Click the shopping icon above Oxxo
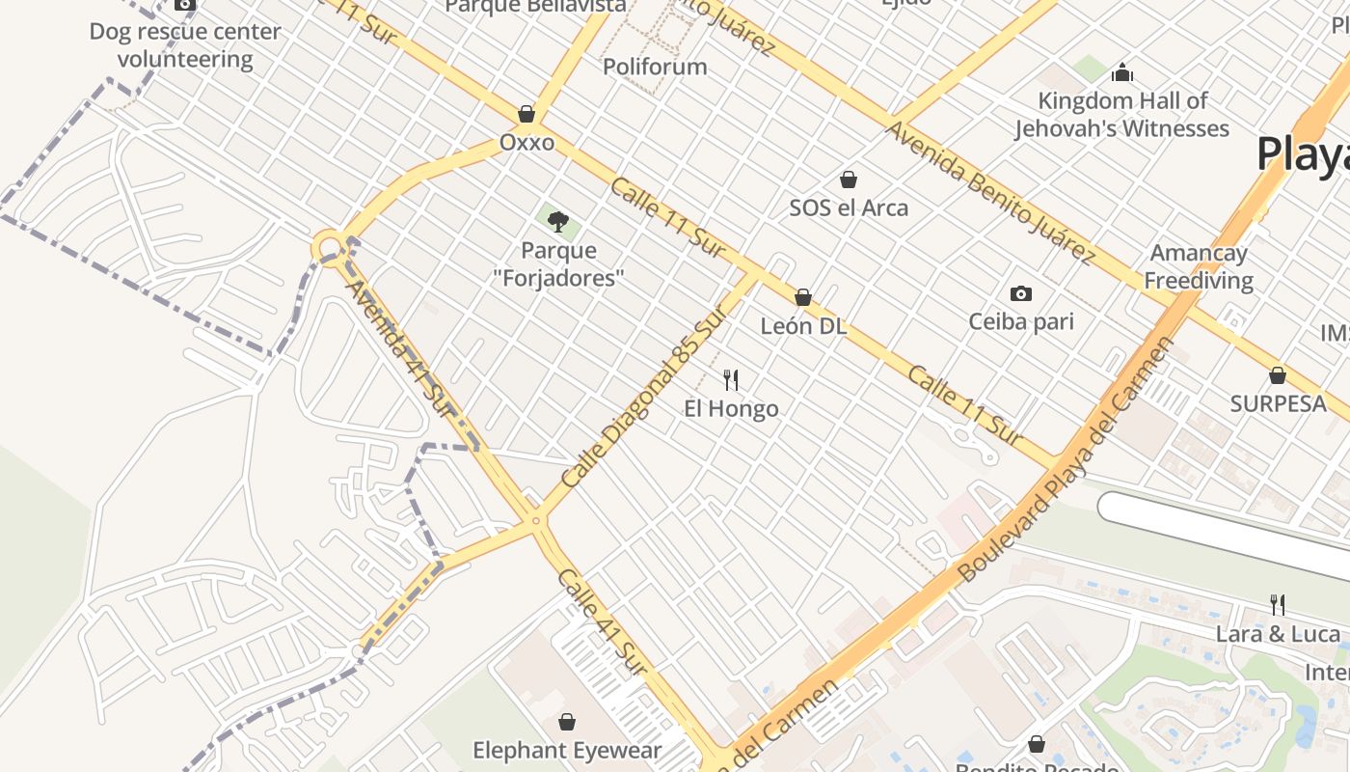point(526,114)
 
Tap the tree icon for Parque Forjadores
point(557,222)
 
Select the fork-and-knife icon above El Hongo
point(731,379)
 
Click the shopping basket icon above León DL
point(802,297)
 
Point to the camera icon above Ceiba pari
point(1020,293)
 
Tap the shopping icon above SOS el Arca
point(849,179)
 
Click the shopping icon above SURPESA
point(1278,375)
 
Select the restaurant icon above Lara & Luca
point(1278,605)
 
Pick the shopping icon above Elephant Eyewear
point(567,722)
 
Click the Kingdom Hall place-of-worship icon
point(1121,72)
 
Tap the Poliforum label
point(655,67)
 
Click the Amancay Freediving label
point(1199,267)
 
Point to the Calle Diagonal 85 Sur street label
point(642,397)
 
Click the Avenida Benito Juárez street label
point(991,192)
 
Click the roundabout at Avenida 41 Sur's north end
point(329,247)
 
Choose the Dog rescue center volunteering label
point(185,45)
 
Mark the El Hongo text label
point(731,408)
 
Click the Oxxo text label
point(526,143)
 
